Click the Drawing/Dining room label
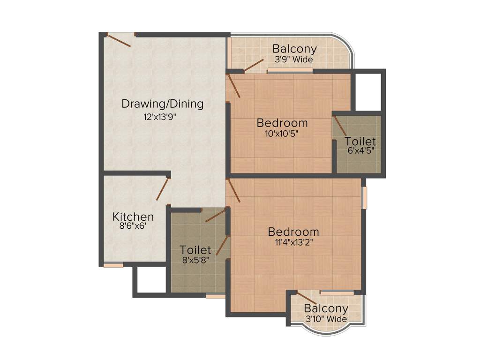click(162, 104)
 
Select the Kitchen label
click(133, 217)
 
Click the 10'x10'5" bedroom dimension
click(282, 134)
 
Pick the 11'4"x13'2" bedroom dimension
click(293, 243)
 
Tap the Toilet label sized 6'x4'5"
click(360, 141)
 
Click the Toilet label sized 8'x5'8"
click(195, 250)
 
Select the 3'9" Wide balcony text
click(294, 60)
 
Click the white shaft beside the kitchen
click(150, 279)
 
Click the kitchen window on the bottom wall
click(113, 265)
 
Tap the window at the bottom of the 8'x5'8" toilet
click(215, 296)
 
